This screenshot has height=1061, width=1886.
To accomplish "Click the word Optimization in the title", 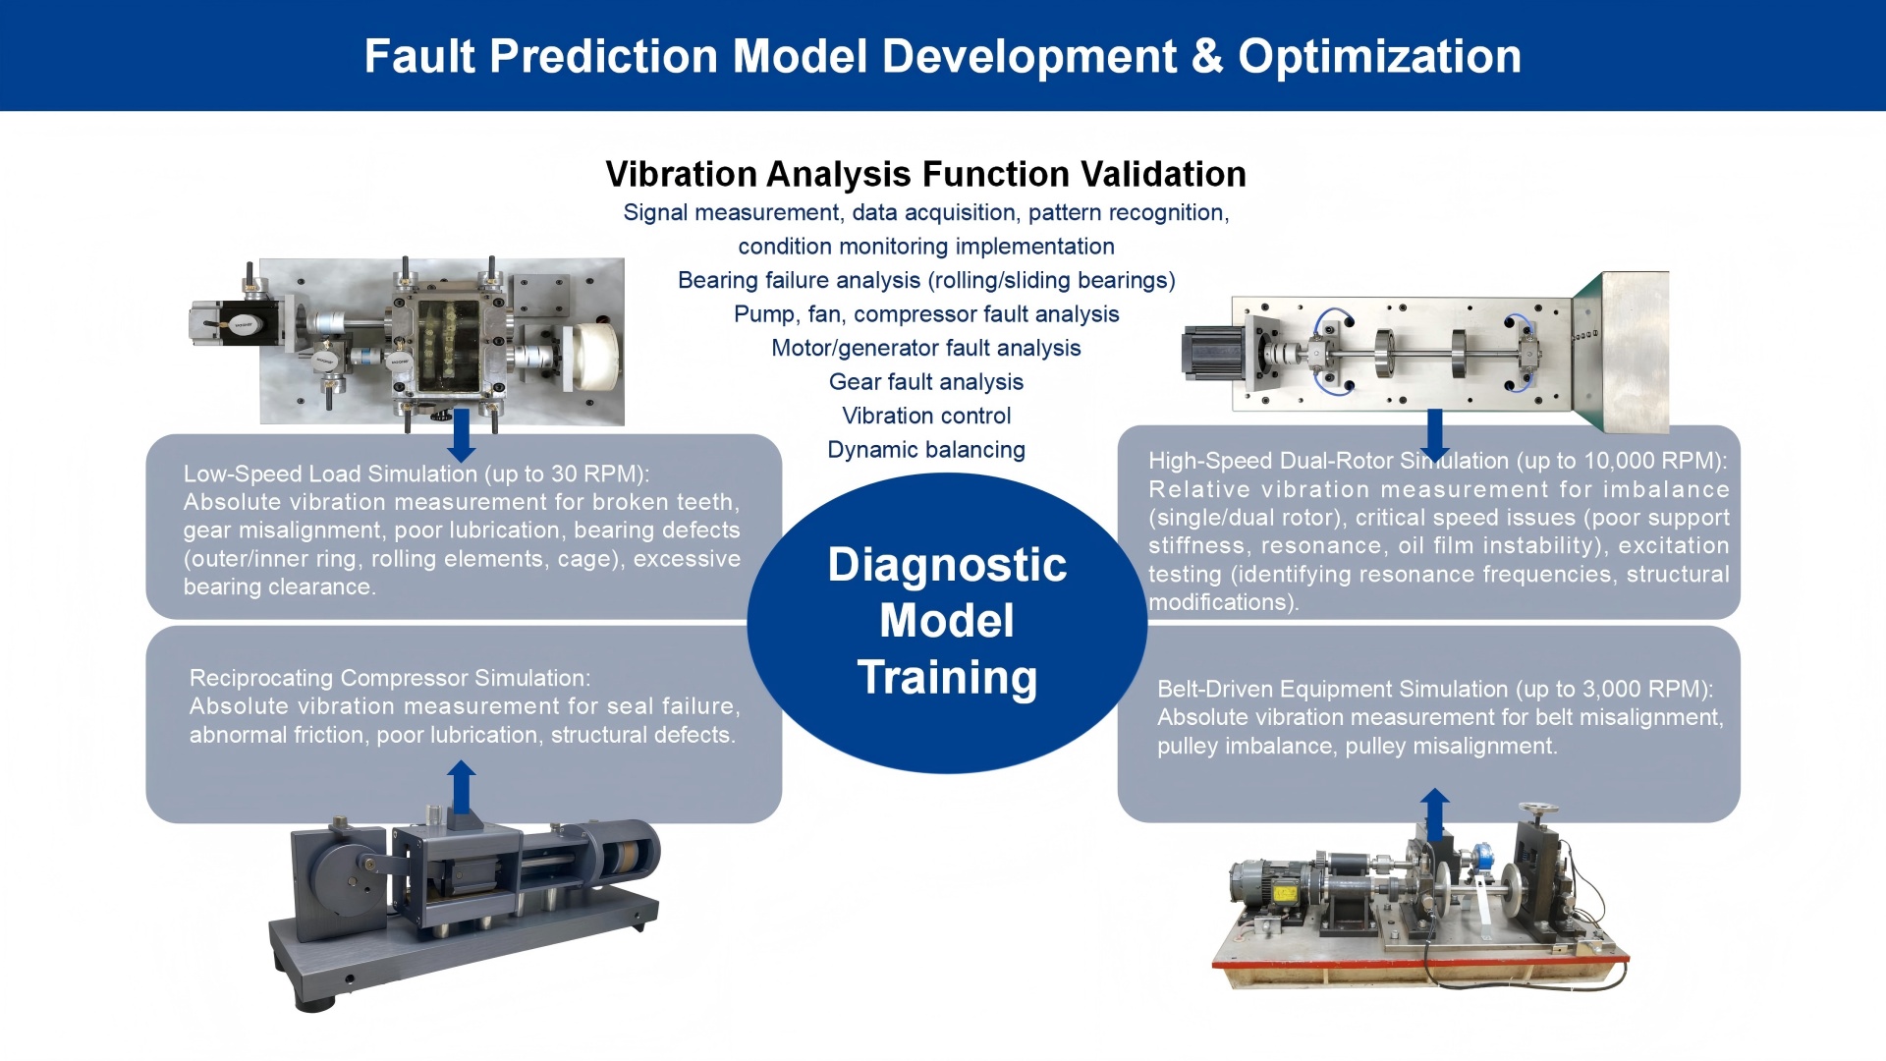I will (x=1379, y=56).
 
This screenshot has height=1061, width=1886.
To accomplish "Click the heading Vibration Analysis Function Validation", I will (x=925, y=174).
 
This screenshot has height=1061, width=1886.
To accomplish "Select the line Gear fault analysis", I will (x=925, y=382).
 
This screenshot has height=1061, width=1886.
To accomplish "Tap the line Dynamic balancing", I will (x=925, y=450).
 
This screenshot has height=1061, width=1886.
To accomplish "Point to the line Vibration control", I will (x=925, y=416).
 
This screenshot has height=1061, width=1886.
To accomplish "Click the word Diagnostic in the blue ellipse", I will (x=947, y=565).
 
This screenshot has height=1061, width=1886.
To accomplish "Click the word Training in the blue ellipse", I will (x=947, y=678).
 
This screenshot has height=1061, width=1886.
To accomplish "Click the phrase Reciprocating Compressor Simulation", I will (x=389, y=678).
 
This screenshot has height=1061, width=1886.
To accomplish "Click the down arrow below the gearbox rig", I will (x=461, y=436).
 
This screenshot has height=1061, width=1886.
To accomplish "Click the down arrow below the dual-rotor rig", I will (x=1435, y=435).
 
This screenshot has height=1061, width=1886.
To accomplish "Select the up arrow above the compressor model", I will (x=461, y=786).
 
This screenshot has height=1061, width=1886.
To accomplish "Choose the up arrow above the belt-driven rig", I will (x=1435, y=813).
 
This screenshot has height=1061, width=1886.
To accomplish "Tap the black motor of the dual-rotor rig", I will (x=1212, y=354).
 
